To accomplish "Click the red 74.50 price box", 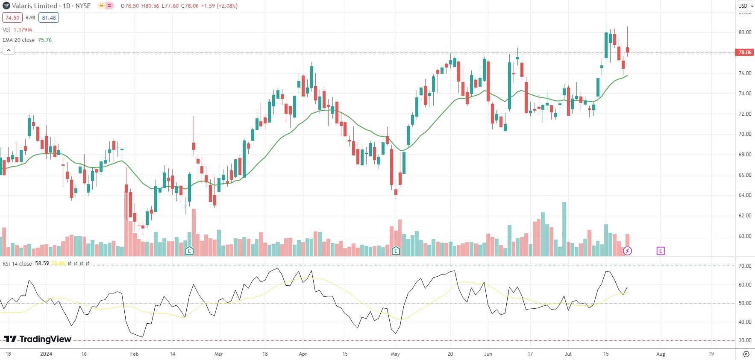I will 12,18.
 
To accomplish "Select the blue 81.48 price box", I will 49,18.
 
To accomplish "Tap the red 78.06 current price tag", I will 744,53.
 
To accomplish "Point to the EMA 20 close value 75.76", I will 45,40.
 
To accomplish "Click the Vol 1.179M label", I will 17,30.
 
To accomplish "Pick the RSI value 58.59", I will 42,263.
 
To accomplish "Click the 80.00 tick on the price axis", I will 745,32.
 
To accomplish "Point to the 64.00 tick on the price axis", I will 745,195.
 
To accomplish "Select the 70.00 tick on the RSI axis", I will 745,266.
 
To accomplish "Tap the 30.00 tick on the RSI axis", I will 745,340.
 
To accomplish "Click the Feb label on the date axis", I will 134,354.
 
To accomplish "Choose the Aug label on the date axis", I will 661,354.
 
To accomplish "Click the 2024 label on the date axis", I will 46,354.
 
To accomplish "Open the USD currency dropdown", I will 745,6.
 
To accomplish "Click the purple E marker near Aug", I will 661,251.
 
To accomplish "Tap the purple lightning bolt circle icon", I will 627,251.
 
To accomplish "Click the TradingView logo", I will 38,339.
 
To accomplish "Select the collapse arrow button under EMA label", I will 9,50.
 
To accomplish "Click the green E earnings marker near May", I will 396,251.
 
